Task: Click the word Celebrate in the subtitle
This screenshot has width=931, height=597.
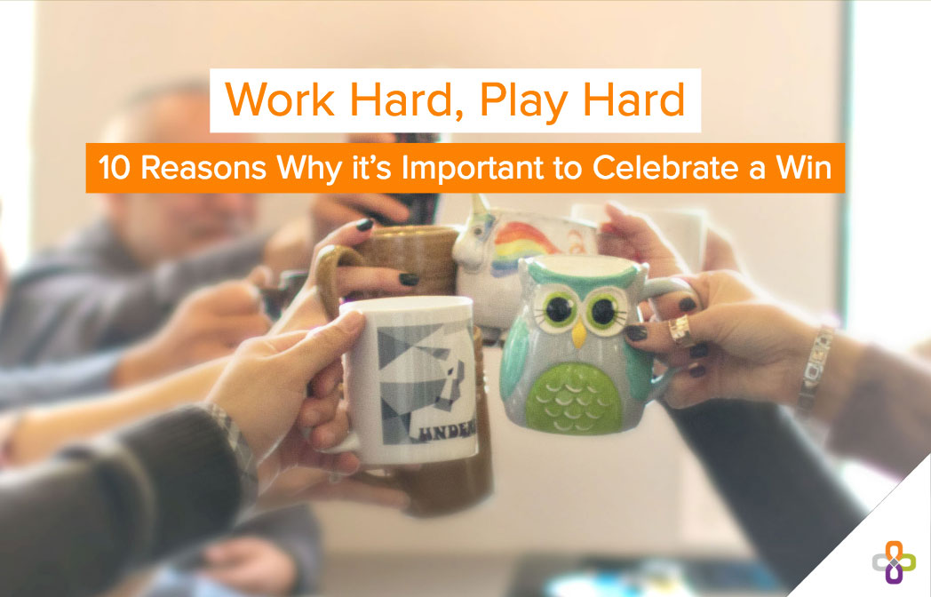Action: point(694,169)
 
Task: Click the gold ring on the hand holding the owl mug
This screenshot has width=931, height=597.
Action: point(682,332)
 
